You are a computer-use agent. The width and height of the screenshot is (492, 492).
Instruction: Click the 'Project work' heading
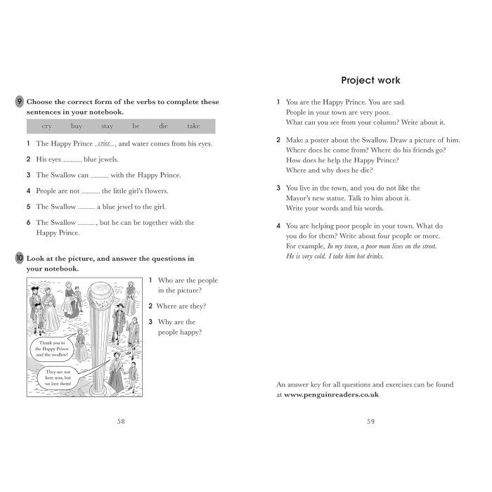pos(370,80)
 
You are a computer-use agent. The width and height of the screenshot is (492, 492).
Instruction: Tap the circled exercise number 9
pos(19,102)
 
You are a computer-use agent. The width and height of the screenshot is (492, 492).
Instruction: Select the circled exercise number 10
pos(19,259)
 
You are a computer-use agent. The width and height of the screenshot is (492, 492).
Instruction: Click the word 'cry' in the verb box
pos(47,126)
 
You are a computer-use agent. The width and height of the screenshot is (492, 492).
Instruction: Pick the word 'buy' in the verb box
pos(77,126)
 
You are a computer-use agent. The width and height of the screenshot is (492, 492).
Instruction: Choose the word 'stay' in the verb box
pos(107,126)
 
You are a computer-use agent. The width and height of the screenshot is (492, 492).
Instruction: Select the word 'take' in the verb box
pos(193,126)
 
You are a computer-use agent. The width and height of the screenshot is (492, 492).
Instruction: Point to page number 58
pos(121,421)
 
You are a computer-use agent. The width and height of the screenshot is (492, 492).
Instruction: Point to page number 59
pos(370,421)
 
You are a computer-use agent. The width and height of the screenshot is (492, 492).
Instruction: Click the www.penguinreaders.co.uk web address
pos(332,395)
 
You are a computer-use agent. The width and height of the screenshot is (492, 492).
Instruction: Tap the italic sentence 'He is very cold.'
pos(310,257)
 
